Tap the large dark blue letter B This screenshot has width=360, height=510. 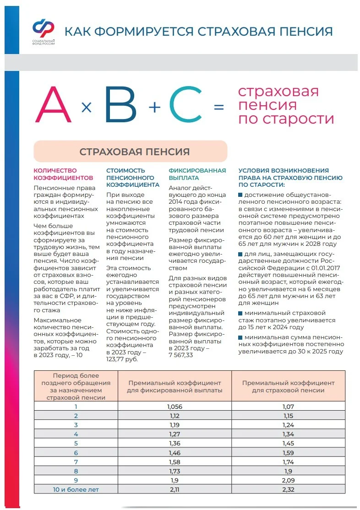coord(120,105)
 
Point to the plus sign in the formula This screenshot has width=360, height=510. coord(155,107)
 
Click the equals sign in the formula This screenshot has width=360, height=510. coord(219,107)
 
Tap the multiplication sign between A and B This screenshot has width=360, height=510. coord(87,108)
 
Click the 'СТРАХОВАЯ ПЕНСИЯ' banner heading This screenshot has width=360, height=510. coord(134,152)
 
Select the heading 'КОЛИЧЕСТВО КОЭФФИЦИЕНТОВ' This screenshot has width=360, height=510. coord(64,174)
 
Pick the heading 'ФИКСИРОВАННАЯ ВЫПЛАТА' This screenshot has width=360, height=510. coord(197,174)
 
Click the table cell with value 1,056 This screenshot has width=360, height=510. coord(175,406)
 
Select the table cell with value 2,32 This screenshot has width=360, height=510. coord(288,489)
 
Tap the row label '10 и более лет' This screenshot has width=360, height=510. coord(76,489)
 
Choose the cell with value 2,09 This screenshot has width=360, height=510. coord(288,480)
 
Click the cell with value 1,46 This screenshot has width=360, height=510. coord(175,452)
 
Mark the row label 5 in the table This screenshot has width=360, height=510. coord(76,443)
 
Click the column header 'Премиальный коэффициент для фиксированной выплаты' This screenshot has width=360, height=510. coord(175,386)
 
